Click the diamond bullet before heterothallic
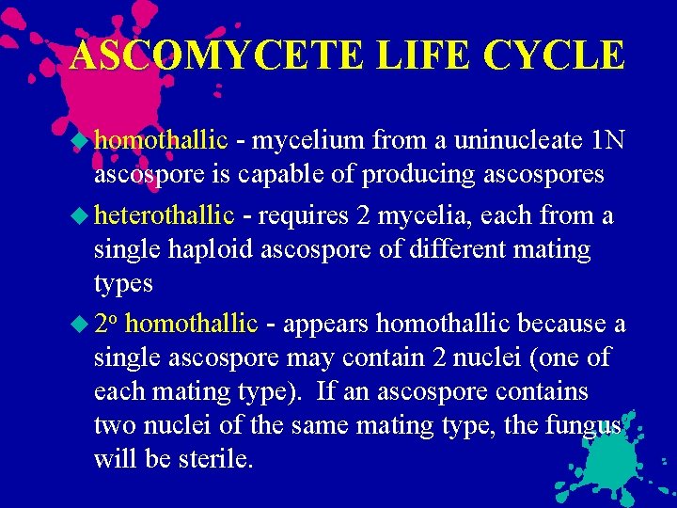(83, 215)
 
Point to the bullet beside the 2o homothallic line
(83, 324)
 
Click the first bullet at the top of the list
(83, 141)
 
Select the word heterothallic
(164, 215)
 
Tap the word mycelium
(307, 141)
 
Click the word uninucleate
(504, 141)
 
